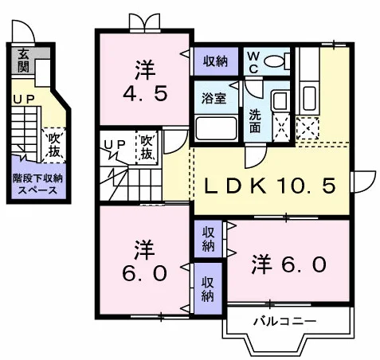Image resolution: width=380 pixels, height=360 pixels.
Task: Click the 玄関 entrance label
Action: click(x=23, y=61)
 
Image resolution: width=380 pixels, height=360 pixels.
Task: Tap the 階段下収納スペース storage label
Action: click(x=37, y=184)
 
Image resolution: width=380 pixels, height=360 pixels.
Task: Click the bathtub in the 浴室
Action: click(x=216, y=128)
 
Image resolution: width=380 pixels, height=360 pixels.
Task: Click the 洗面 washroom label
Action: click(x=255, y=122)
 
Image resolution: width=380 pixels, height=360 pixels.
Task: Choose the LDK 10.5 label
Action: click(x=270, y=186)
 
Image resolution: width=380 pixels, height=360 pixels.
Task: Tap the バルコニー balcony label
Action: click(x=285, y=322)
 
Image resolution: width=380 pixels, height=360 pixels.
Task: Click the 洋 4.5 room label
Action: click(x=145, y=80)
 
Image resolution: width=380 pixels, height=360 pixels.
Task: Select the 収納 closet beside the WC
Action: click(x=216, y=61)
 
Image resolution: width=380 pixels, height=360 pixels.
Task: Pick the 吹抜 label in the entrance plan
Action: click(x=54, y=146)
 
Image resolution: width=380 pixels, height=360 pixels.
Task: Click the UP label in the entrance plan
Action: click(x=24, y=100)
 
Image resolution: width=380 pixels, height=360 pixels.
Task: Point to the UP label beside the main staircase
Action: click(x=115, y=144)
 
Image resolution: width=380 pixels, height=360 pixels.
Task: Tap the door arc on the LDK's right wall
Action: click(x=363, y=182)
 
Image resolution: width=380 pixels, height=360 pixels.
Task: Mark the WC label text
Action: click(x=253, y=63)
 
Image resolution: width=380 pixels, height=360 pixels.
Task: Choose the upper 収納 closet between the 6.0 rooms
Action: click(x=208, y=239)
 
